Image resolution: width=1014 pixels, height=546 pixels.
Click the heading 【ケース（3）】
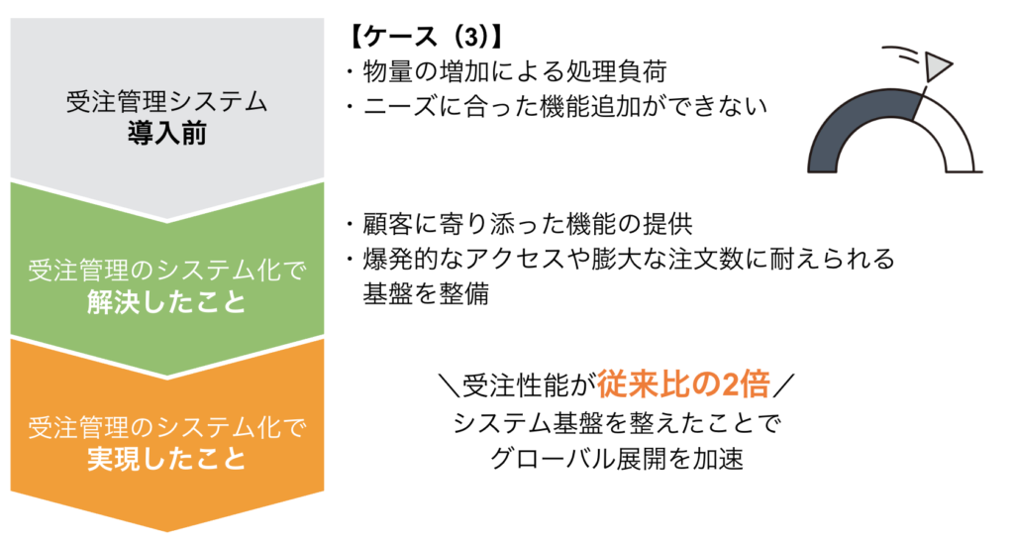point(425,38)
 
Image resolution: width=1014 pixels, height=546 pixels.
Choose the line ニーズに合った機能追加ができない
point(555,105)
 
